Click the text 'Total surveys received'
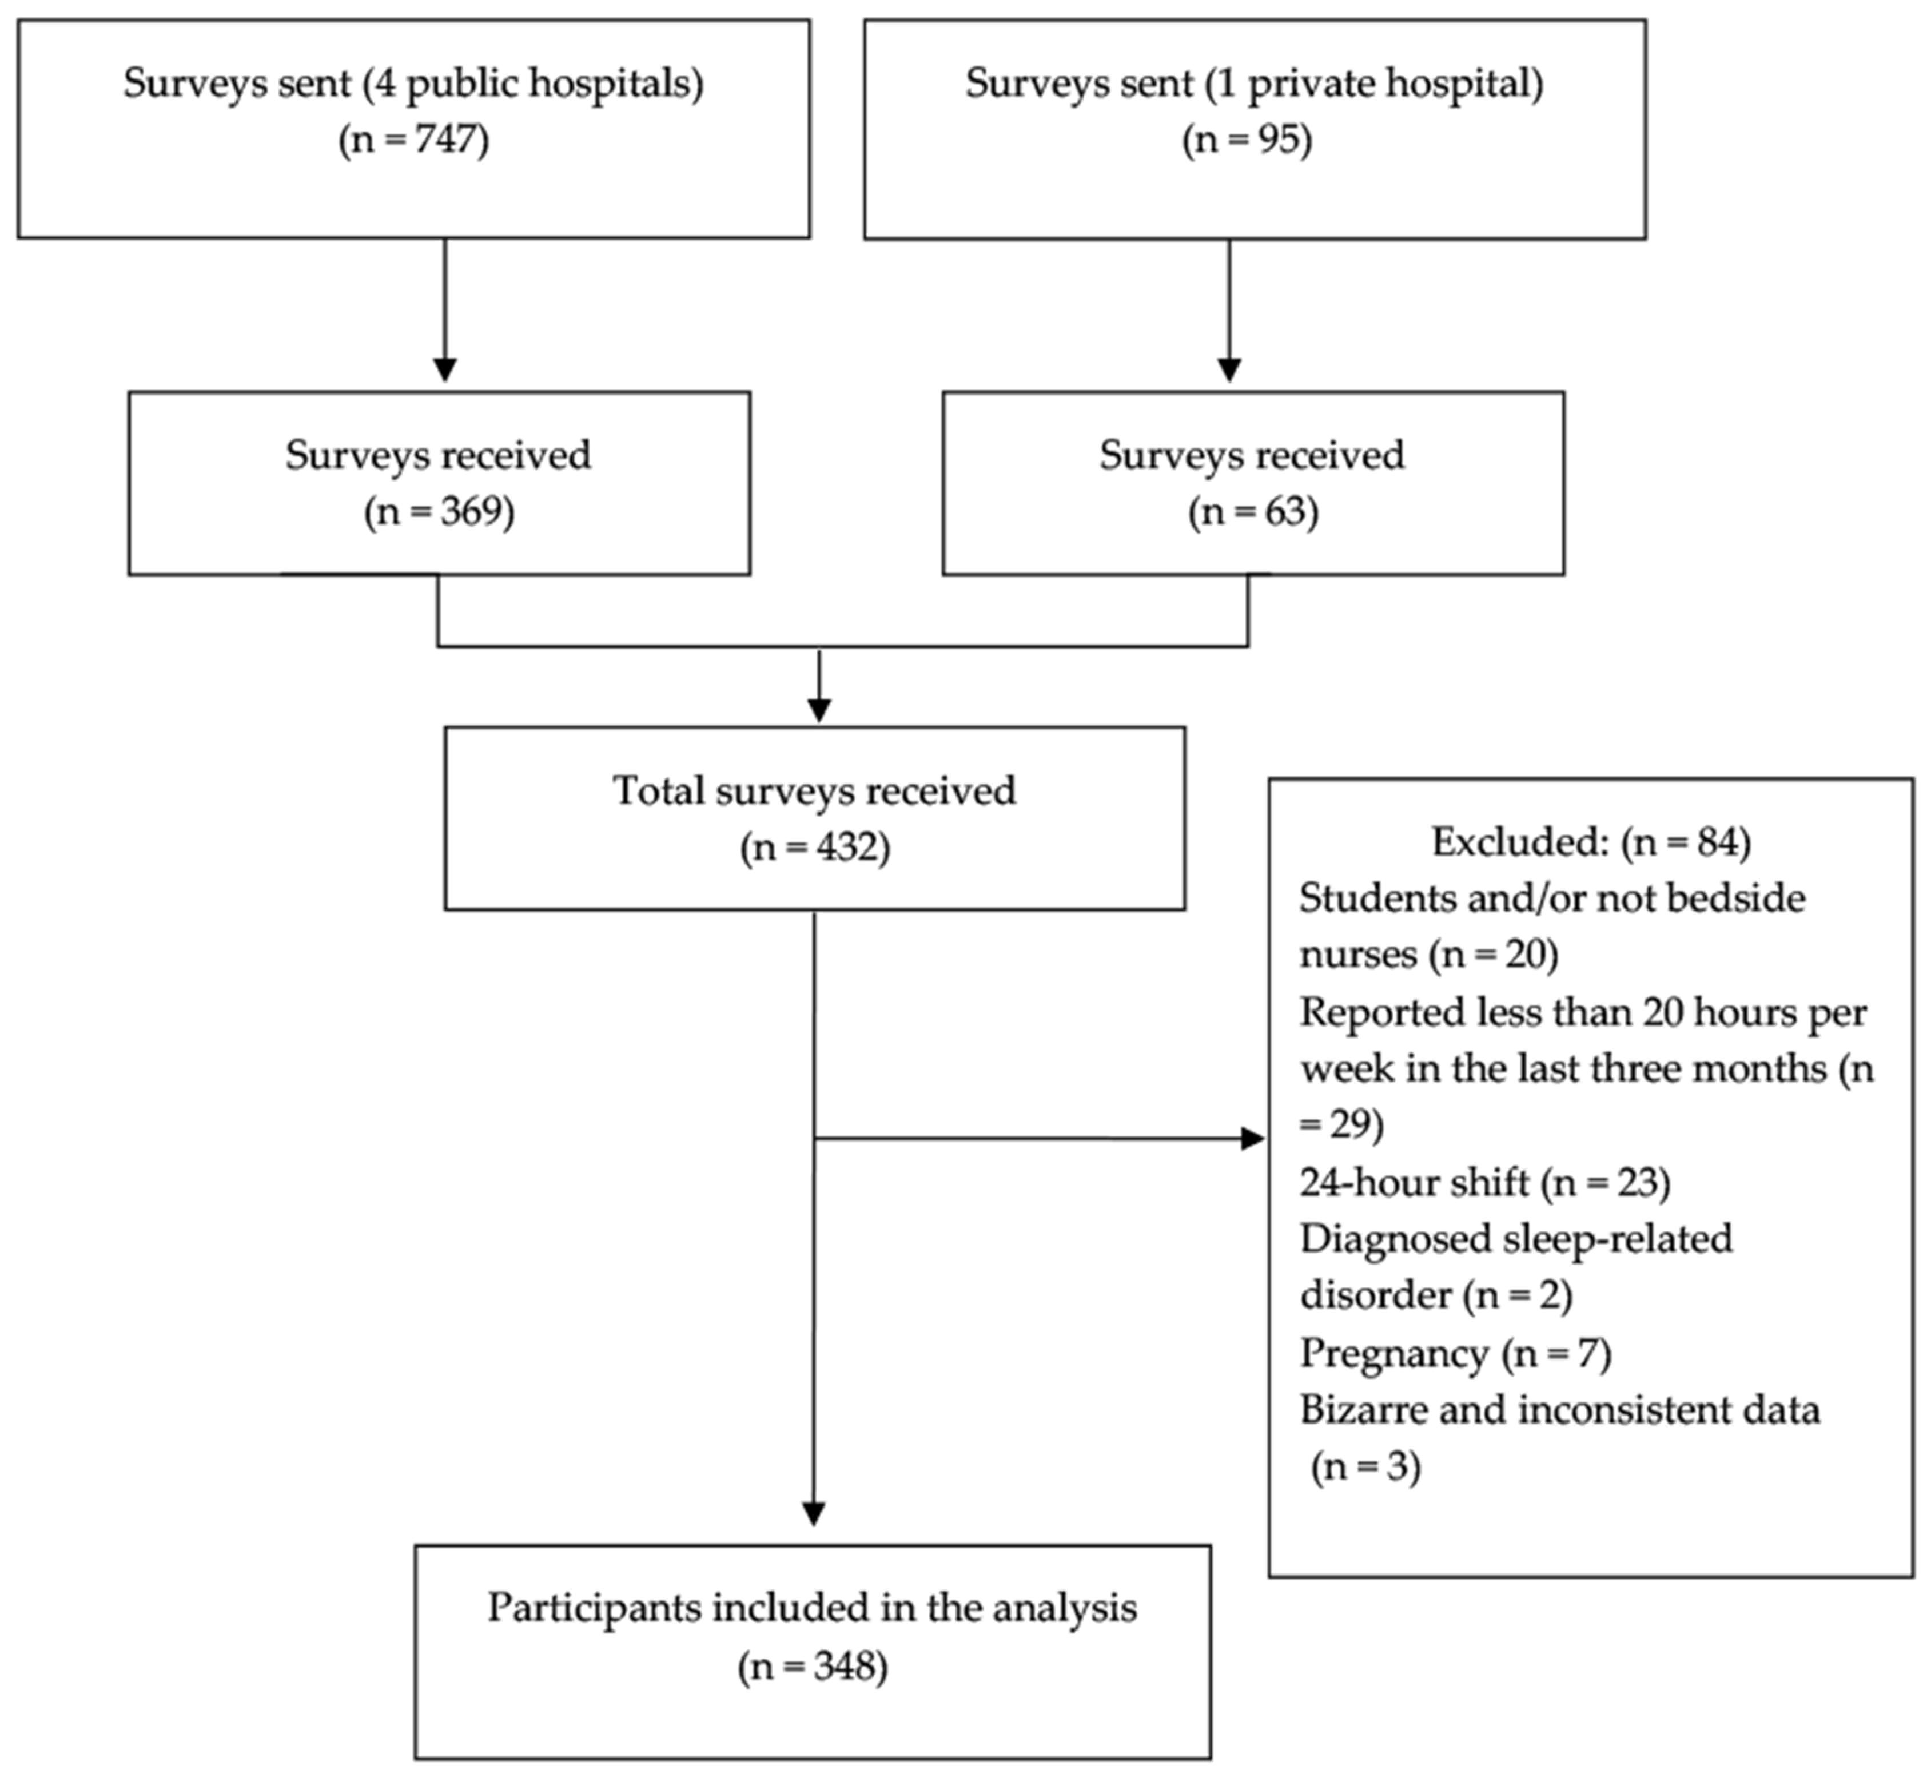coord(814,791)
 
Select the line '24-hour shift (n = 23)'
coord(1484,1182)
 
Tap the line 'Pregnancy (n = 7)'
coord(1455,1353)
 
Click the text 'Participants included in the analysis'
coord(813,1608)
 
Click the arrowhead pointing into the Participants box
coord(814,1514)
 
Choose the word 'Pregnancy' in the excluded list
coord(1393,1353)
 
